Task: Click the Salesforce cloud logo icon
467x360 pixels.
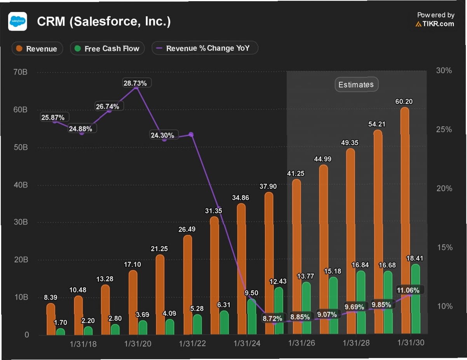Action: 17,21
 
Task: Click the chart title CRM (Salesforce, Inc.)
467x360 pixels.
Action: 104,21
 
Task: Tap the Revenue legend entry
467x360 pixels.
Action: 37,49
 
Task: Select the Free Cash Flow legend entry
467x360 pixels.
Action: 107,49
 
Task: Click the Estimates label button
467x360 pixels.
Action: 356,85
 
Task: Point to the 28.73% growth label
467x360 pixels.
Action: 135,83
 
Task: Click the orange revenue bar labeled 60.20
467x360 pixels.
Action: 404,221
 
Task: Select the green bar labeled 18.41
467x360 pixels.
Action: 415,299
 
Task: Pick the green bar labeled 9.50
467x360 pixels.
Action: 251,317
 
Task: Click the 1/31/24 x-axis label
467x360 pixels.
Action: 247,344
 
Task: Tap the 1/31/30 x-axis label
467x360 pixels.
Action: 411,343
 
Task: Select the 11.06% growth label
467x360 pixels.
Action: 408,290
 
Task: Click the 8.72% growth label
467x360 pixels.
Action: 273,319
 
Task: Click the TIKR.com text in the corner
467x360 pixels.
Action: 435,24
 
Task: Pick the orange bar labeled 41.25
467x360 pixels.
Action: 296,256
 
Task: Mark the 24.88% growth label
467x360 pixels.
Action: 81,129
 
